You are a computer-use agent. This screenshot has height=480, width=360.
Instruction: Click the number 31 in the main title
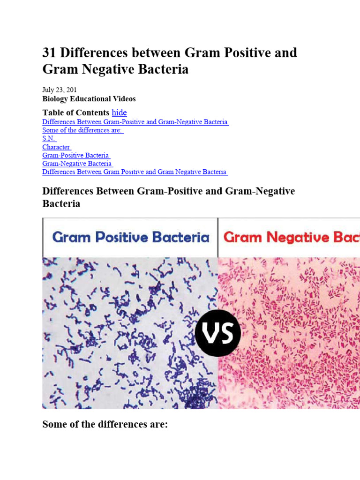(x=49, y=52)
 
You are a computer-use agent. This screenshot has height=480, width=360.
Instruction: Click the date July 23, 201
(x=60, y=90)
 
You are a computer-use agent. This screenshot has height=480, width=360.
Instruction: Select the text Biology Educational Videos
(x=89, y=99)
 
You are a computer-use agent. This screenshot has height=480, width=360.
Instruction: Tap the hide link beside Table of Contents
(x=119, y=112)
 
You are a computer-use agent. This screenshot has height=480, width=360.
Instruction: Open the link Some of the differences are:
(x=82, y=130)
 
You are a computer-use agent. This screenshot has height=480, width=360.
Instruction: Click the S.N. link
(x=49, y=139)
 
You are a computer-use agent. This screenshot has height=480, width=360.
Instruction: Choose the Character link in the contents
(x=56, y=147)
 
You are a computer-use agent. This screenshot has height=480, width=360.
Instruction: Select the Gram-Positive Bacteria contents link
(x=76, y=155)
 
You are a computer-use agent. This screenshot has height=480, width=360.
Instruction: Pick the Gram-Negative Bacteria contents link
(x=77, y=164)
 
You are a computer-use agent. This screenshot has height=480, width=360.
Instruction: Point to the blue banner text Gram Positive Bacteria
(x=131, y=237)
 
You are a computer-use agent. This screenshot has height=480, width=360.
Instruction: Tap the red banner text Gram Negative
(x=281, y=237)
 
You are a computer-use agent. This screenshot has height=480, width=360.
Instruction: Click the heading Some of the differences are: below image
(x=105, y=425)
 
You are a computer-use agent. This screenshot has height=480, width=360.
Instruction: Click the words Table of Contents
(x=75, y=112)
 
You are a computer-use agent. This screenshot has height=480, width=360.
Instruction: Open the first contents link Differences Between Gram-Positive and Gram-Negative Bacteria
(x=135, y=122)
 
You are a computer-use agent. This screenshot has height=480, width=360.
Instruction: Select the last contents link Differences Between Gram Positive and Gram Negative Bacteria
(x=135, y=172)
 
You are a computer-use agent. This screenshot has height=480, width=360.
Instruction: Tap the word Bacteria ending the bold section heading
(x=61, y=204)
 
